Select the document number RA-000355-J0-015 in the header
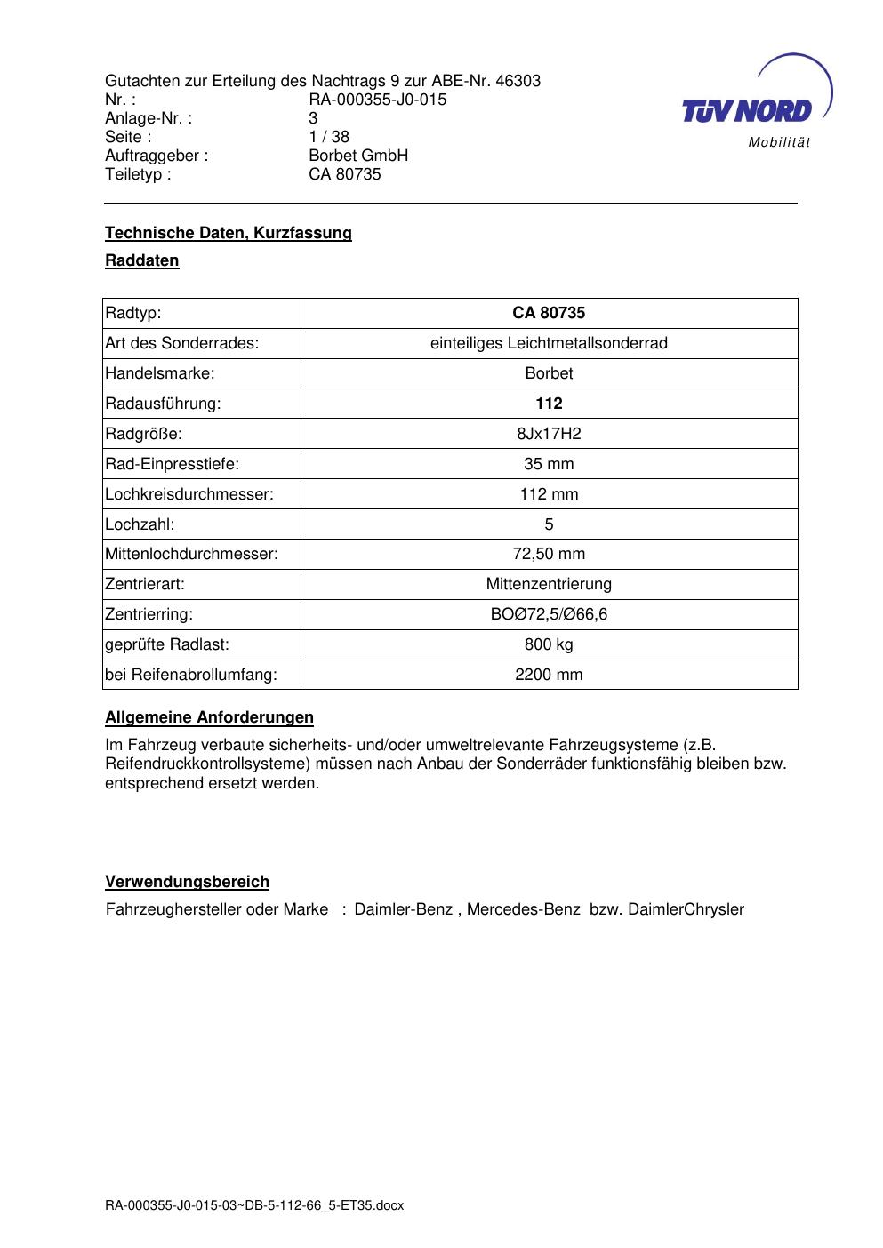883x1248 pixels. point(377,100)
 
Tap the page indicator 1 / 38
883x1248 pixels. point(329,137)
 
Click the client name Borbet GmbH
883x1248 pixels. point(358,156)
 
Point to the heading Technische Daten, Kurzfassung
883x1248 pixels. point(229,233)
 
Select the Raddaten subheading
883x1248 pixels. point(142,260)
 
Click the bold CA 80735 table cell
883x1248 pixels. point(549,313)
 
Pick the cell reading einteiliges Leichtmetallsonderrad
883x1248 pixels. point(549,343)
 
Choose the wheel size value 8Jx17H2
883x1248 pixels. point(549,434)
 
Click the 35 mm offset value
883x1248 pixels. point(549,464)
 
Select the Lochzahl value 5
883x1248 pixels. point(549,524)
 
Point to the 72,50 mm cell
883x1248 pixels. point(549,555)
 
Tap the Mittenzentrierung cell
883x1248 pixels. point(549,585)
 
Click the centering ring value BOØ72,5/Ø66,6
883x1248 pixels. point(549,614)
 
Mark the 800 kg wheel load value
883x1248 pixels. point(549,644)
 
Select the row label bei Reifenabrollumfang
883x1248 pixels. point(191,675)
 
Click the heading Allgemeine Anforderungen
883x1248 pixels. point(210,717)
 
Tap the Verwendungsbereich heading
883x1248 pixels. point(188,882)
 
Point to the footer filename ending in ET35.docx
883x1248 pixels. point(254,1205)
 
